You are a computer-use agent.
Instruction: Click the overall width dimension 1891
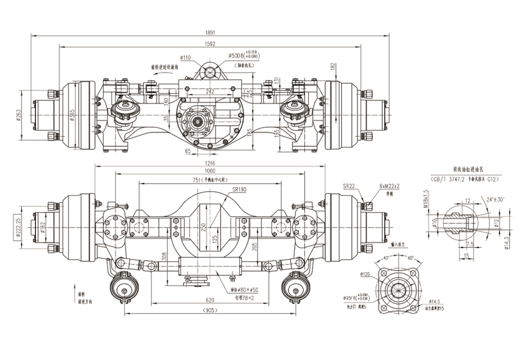tap(210, 31)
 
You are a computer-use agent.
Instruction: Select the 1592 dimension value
tap(210, 44)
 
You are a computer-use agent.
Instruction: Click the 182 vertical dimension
tap(333, 66)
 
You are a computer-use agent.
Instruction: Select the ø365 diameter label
tap(72, 116)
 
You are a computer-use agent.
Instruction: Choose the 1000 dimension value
tap(210, 170)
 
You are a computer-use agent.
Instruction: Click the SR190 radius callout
tap(239, 190)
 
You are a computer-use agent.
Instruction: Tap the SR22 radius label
tap(349, 186)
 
